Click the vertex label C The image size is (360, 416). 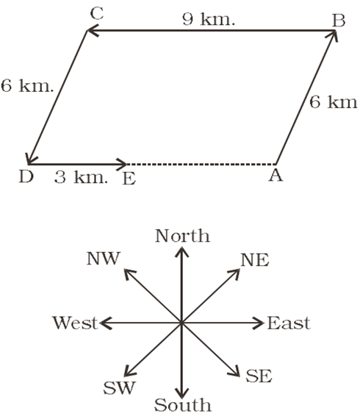[96, 14]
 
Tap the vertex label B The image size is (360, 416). [339, 21]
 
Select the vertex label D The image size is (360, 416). [26, 176]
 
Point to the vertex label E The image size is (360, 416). [129, 179]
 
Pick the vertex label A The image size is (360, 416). [276, 175]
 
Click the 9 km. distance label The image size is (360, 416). [209, 19]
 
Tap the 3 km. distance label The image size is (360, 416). [81, 177]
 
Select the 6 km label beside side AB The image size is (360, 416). [334, 102]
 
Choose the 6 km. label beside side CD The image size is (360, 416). [27, 86]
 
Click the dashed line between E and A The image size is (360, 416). [201, 164]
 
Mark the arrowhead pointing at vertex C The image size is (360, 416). [93, 31]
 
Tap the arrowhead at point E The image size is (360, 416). [121, 164]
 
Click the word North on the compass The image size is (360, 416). [182, 236]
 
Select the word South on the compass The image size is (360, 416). [183, 405]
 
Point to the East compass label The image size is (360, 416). [289, 323]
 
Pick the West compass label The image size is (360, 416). [75, 323]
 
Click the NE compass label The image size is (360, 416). [255, 260]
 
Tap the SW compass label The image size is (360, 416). [119, 387]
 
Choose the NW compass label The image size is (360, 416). [104, 259]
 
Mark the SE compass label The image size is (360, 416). [259, 376]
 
